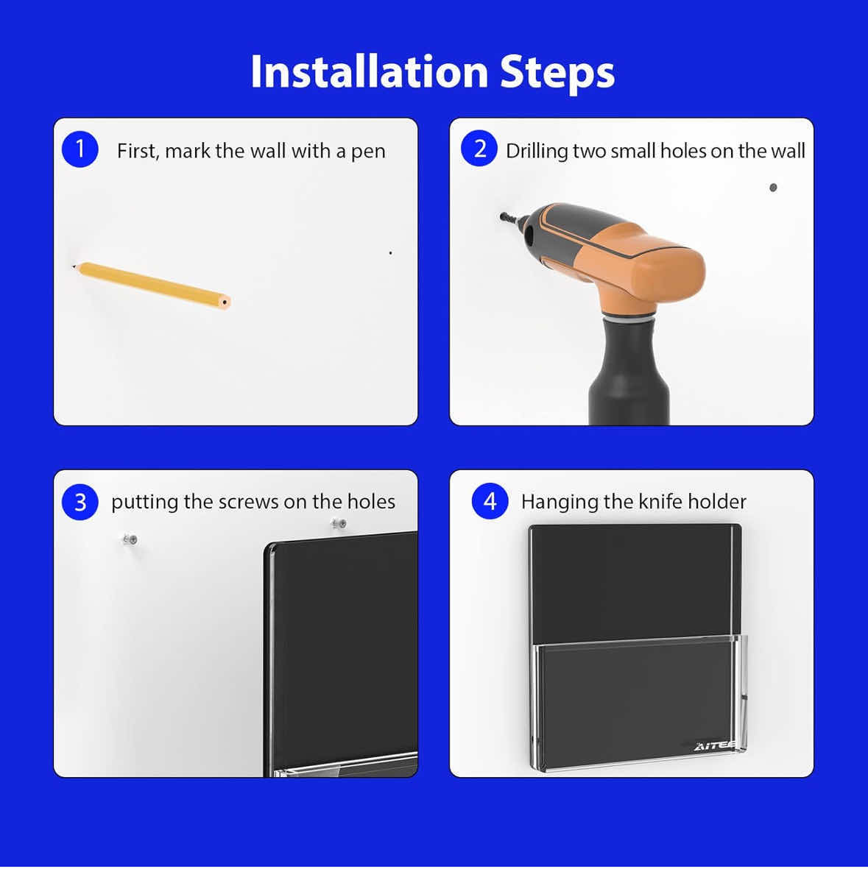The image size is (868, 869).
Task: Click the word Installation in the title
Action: [370, 71]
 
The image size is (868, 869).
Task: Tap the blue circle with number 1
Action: [80, 149]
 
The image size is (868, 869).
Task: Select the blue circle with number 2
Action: [479, 149]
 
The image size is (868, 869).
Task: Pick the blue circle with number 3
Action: [80, 502]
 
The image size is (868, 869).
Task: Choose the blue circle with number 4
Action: [490, 501]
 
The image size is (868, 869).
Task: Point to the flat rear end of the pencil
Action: [224, 302]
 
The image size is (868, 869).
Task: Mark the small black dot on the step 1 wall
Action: [390, 252]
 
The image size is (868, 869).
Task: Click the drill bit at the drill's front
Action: [509, 218]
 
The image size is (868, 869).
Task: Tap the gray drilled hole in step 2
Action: [773, 188]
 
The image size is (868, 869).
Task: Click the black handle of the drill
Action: [629, 372]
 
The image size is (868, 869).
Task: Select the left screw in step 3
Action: [130, 539]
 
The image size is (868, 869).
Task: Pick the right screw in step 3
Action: [339, 523]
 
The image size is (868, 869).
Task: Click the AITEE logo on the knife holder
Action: [714, 746]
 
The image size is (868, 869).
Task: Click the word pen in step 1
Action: [368, 152]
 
